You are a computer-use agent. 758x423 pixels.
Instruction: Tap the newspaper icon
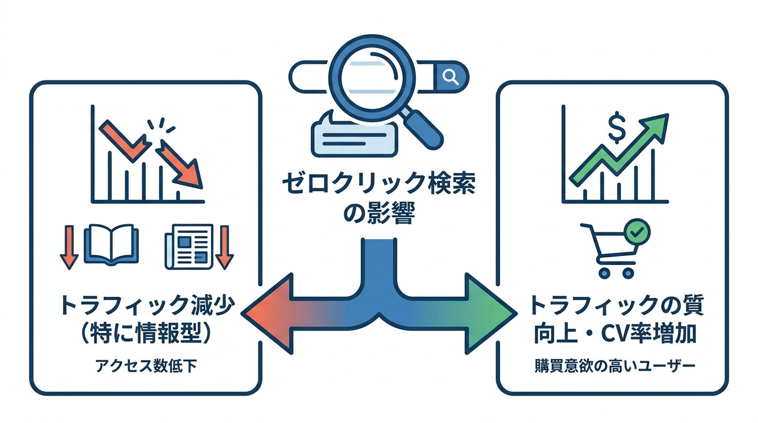pos(188,246)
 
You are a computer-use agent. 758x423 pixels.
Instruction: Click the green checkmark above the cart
pos(638,232)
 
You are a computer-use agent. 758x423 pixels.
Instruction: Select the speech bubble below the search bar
pos(353,135)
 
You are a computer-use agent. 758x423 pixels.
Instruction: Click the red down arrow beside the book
pos(69,246)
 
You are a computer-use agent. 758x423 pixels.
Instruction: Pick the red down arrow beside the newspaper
pos(225,246)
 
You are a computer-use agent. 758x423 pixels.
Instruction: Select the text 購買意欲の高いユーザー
pos(612,366)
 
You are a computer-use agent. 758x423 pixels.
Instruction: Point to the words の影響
pos(379,213)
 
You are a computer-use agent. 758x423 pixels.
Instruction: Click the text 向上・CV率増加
pos(612,333)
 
